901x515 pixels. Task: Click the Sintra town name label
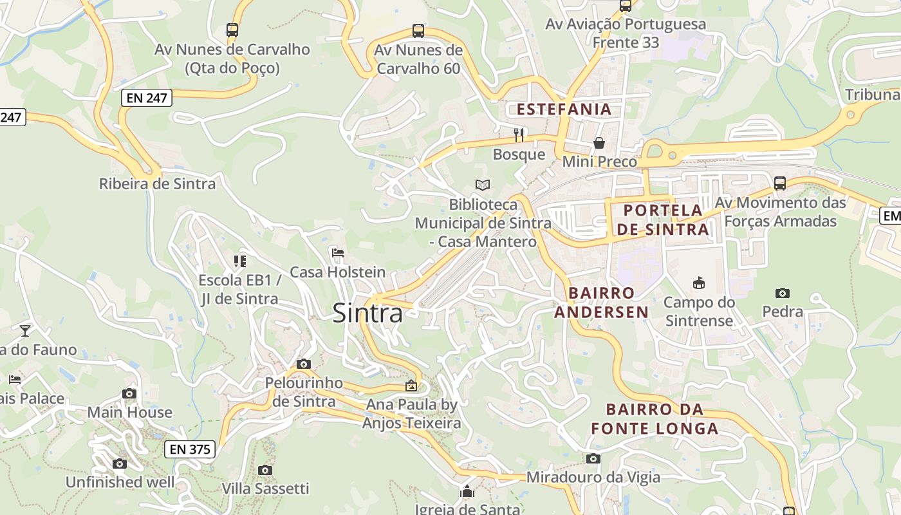[x=367, y=314]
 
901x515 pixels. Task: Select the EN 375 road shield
[x=190, y=449]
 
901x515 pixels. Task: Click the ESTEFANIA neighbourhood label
[x=564, y=109]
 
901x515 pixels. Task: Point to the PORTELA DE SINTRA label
[x=663, y=220]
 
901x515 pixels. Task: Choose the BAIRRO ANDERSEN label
[x=602, y=303]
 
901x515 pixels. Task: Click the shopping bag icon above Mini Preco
[x=599, y=142]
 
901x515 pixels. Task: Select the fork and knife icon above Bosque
[x=519, y=135]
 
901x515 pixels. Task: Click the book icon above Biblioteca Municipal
[x=483, y=185]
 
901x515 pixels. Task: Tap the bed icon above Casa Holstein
[x=338, y=252]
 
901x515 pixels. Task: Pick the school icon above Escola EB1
[x=240, y=261]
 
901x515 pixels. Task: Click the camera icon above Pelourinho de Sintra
[x=304, y=364]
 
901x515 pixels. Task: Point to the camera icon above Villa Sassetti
[x=265, y=470]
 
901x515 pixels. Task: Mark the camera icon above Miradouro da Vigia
[x=593, y=458]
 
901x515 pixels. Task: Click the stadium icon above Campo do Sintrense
[x=699, y=283]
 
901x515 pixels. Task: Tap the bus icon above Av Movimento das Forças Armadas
[x=780, y=183]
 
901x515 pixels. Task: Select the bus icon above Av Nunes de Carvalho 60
[x=418, y=30]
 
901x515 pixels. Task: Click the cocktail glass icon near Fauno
[x=25, y=330]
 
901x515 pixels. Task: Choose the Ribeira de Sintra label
[x=157, y=184]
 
